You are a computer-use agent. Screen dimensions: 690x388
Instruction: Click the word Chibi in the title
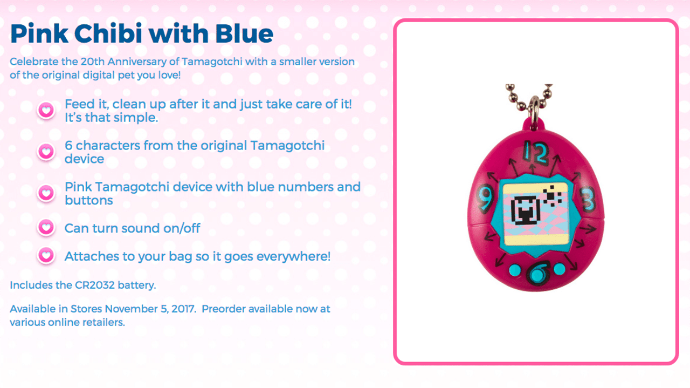(x=108, y=33)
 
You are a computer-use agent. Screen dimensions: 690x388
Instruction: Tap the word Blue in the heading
(x=244, y=33)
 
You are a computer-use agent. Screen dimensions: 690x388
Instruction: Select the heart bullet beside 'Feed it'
(x=46, y=110)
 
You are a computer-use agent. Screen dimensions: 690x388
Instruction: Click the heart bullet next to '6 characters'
(x=46, y=152)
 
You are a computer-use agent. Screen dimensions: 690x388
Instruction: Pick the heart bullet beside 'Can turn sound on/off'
(x=46, y=228)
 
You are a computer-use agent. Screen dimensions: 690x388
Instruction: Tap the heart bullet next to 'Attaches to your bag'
(x=46, y=255)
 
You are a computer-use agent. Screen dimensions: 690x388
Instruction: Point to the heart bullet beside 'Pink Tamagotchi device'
(x=46, y=193)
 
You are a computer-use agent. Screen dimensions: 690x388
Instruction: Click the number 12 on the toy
(x=536, y=153)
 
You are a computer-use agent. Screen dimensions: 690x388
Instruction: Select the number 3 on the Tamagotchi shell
(x=587, y=199)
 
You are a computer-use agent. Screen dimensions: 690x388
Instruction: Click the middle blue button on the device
(x=537, y=274)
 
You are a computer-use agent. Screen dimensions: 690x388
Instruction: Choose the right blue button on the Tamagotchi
(x=560, y=269)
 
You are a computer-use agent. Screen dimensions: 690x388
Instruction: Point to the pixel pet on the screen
(x=526, y=210)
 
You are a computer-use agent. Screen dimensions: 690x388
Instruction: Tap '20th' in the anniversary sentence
(x=93, y=62)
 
